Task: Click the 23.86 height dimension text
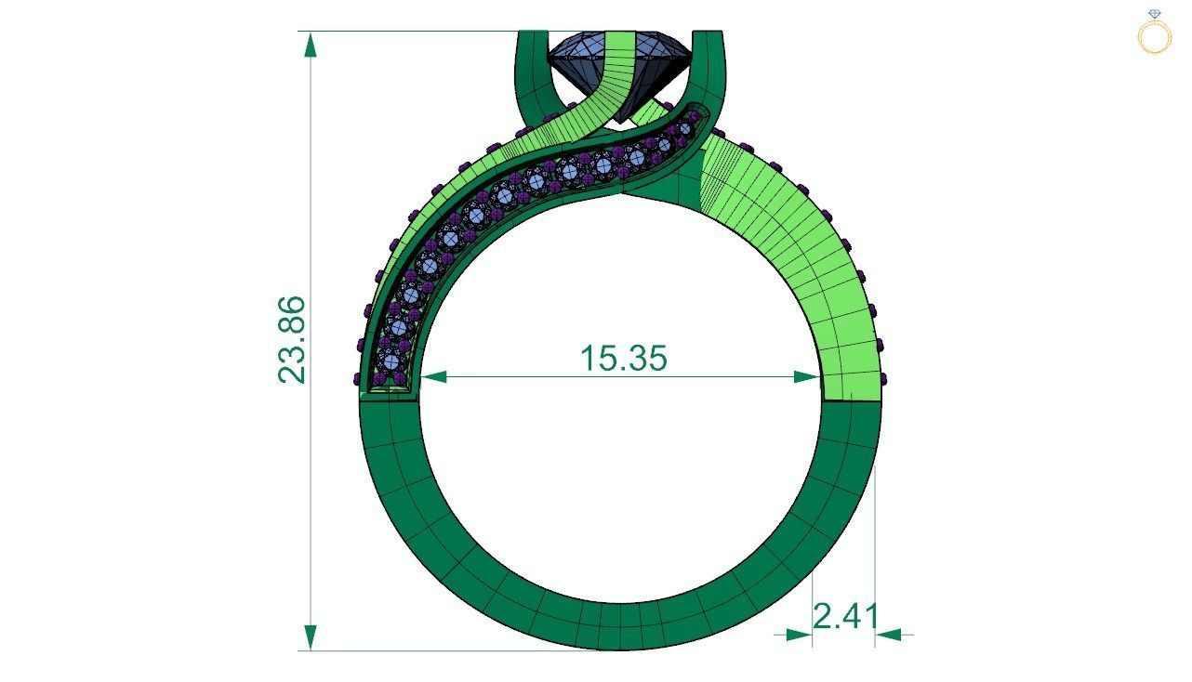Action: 291,339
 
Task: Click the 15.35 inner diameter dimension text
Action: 623,358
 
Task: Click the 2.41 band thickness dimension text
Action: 845,616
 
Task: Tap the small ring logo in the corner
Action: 1154,33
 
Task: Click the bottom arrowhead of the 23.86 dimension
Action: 311,637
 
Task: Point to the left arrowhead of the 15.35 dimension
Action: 433,376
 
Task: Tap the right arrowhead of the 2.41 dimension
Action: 888,635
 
